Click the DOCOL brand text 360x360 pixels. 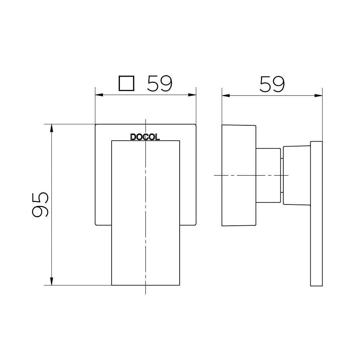(x=145, y=137)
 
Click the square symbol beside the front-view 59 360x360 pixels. (x=126, y=84)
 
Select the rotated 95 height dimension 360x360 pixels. (x=40, y=204)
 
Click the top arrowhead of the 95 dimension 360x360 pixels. (x=51, y=128)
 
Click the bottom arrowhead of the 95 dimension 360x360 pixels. (x=51, y=282)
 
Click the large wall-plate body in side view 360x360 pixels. (x=238, y=175)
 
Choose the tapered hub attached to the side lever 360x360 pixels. (x=297, y=175)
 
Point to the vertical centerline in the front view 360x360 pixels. (x=145, y=252)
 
